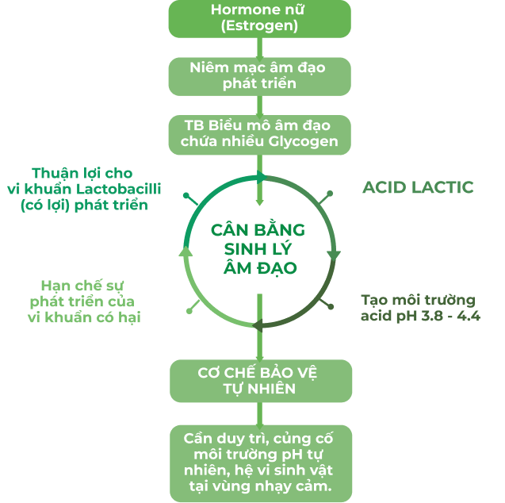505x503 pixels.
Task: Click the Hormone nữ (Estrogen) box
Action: (x=259, y=18)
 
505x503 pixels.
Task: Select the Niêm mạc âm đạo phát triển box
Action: (x=259, y=75)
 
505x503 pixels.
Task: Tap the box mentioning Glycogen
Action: (x=259, y=134)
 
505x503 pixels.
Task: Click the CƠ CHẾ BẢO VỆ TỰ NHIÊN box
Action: (x=259, y=380)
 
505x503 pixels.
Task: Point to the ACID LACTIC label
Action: (x=418, y=187)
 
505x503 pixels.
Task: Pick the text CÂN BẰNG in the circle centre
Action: (x=258, y=230)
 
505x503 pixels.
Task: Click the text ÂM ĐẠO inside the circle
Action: (x=258, y=268)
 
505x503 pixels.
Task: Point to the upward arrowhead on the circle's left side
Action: (x=186, y=251)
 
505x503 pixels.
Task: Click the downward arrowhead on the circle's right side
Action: (x=334, y=255)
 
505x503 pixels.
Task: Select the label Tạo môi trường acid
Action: (x=419, y=308)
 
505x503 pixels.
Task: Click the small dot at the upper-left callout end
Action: (x=186, y=194)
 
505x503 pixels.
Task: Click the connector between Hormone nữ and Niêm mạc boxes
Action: (x=259, y=48)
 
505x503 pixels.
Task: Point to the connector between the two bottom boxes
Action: (x=259, y=413)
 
